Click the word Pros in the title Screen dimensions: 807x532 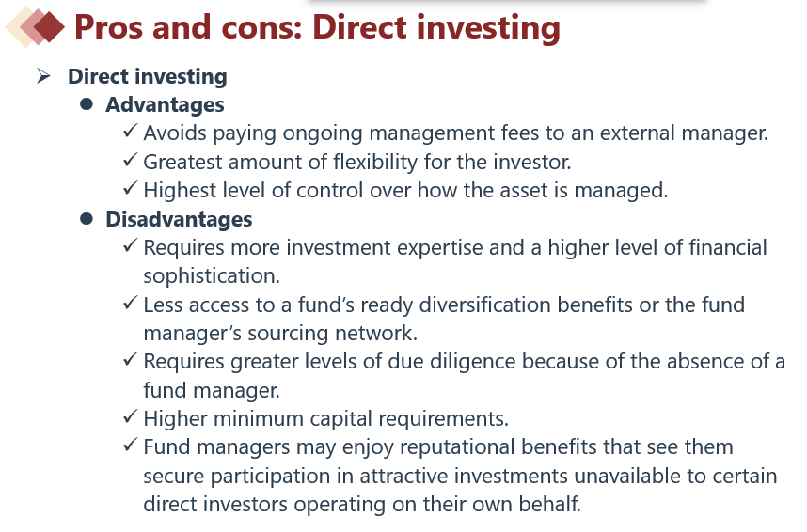(108, 26)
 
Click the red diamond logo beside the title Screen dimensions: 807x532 (35, 26)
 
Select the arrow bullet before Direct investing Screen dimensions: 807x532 (44, 76)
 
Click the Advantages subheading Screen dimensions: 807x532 (165, 105)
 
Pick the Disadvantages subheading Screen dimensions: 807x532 (179, 219)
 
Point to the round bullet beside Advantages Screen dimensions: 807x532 (87, 104)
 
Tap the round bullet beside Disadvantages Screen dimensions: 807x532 (87, 219)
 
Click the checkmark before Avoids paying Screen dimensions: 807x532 (131, 131)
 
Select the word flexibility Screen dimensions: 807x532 (375, 162)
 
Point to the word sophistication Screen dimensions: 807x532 (212, 276)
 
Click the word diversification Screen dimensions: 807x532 (484, 305)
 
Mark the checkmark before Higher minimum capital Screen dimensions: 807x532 (131, 416)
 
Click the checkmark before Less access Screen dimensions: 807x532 (131, 303)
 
